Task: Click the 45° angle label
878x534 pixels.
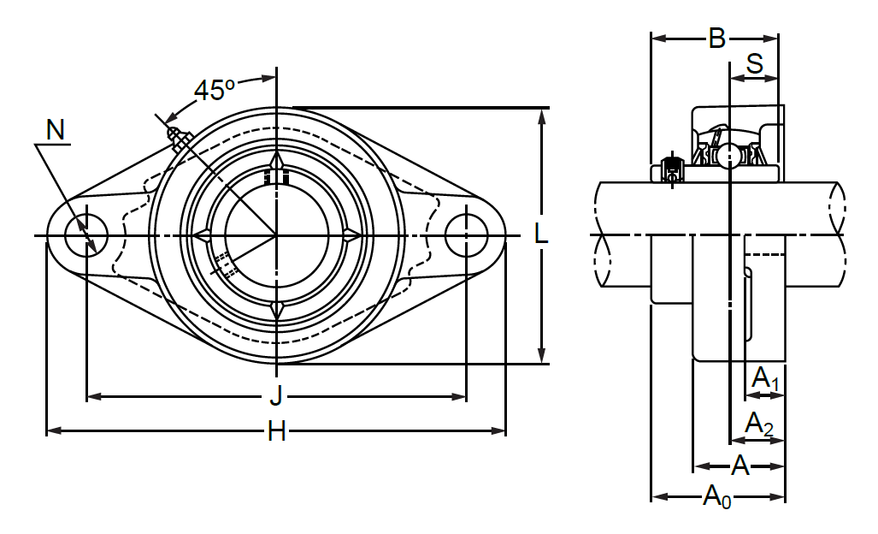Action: point(215,90)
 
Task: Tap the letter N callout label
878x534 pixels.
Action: point(56,130)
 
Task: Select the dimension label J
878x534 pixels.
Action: point(276,397)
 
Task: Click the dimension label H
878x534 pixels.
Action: point(277,431)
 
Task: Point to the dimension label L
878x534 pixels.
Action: point(541,234)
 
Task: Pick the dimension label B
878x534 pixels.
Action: point(716,39)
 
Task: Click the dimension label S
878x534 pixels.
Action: point(755,64)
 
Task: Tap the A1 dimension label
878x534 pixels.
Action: point(764,378)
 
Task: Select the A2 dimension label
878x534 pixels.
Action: point(759,424)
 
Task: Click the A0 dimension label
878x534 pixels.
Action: point(717,497)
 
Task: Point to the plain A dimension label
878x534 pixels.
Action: point(740,466)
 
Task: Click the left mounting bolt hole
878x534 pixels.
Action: point(86,235)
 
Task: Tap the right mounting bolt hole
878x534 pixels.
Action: point(466,235)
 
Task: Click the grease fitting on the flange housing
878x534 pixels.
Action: point(180,139)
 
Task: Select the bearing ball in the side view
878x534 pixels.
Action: point(730,156)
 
